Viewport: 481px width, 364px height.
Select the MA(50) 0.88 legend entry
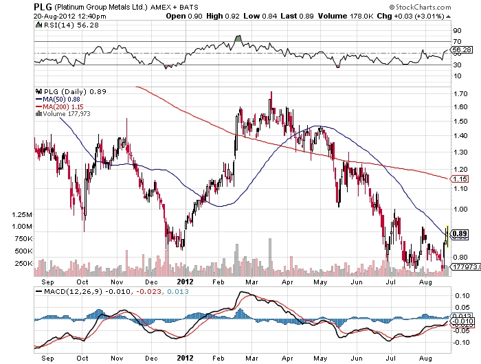[62, 99]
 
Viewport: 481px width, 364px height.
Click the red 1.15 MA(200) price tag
[460, 179]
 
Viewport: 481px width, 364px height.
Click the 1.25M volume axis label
[22, 215]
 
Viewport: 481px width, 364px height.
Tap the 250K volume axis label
[22, 263]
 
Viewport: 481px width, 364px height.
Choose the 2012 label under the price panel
[186, 281]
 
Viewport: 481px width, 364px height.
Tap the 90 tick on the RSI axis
[456, 31]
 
